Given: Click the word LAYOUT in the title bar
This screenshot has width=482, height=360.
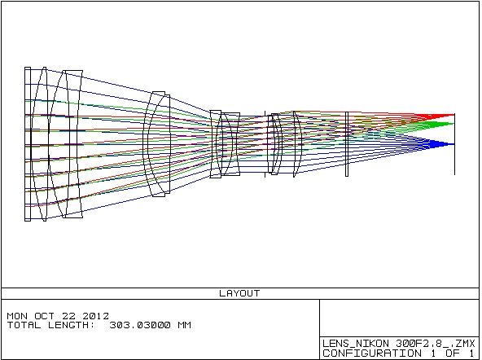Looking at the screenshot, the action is pyautogui.click(x=239, y=293).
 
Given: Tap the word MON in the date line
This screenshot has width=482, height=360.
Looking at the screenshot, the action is pyautogui.click(x=17, y=316).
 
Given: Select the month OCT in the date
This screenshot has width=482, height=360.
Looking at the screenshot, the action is pyautogui.click(x=44, y=316).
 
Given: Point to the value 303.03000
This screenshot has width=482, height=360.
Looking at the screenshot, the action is pyautogui.click(x=140, y=325).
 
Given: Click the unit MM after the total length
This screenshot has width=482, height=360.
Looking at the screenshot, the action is pyautogui.click(x=185, y=325).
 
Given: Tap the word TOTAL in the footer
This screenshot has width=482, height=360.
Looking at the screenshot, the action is pyautogui.click(x=24, y=325).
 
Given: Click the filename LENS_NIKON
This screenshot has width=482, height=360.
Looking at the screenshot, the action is pyautogui.click(x=356, y=343).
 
